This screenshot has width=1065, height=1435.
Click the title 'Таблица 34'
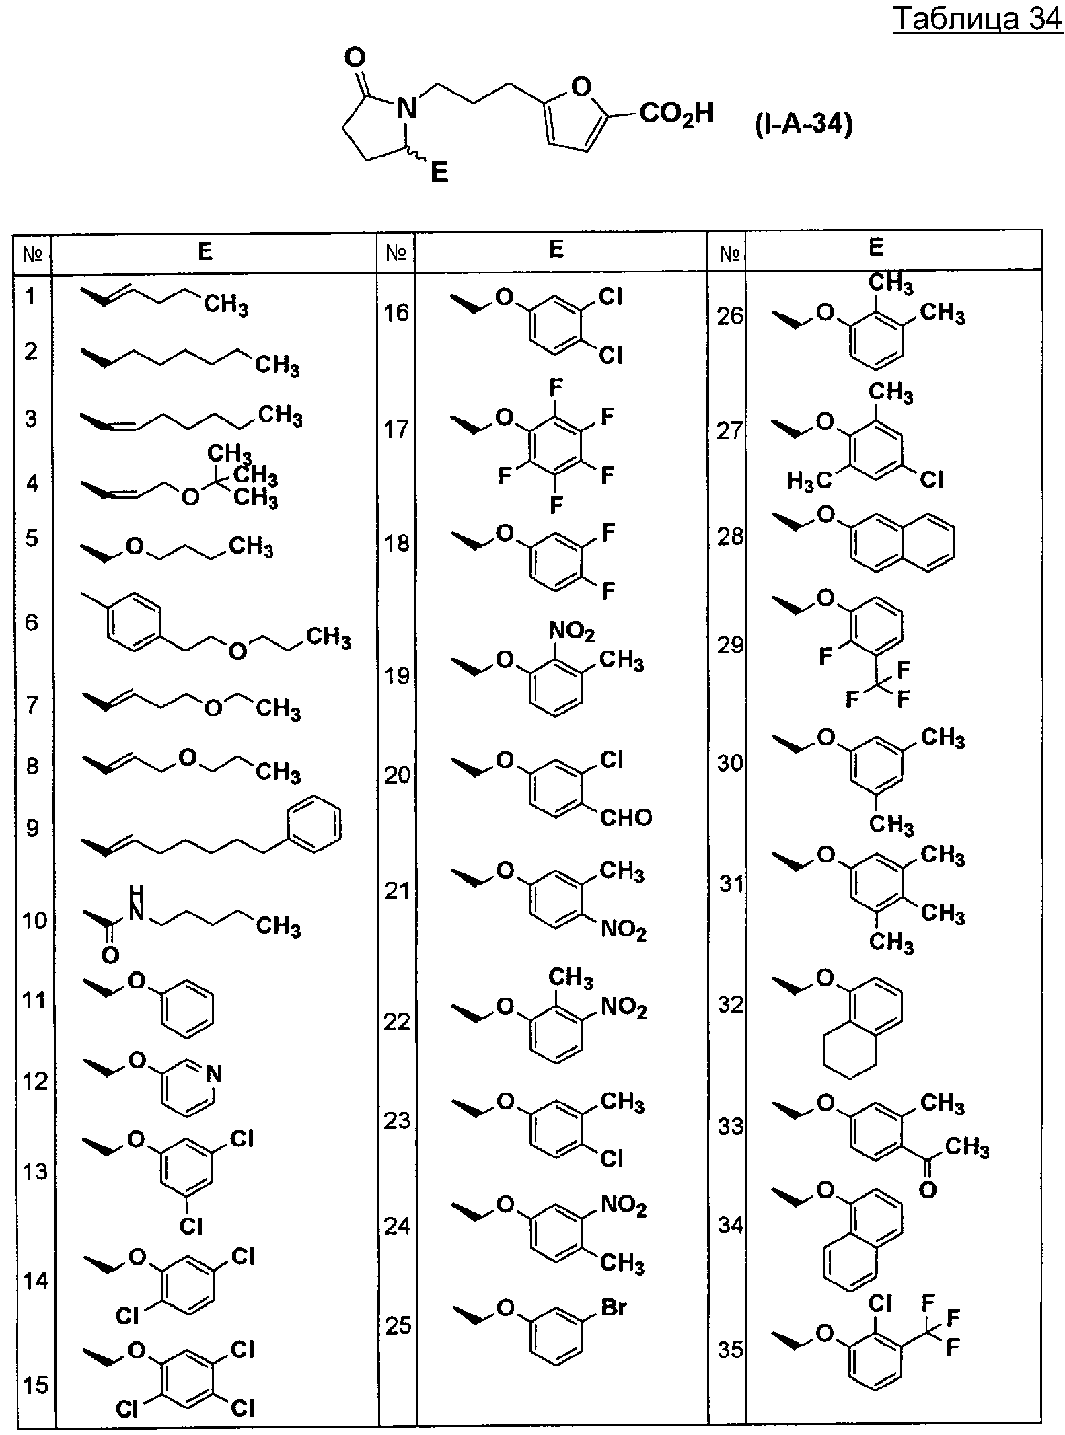point(978,20)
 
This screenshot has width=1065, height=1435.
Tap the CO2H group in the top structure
point(676,114)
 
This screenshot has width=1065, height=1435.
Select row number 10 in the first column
point(34,920)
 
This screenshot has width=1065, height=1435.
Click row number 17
point(397,429)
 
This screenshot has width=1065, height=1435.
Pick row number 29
point(730,645)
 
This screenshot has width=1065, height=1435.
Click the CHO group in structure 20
point(626,817)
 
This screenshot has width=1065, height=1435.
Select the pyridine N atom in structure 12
point(213,1074)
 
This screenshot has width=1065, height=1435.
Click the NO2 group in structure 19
point(572,632)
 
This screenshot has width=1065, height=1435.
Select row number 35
point(730,1350)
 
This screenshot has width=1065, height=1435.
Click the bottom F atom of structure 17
point(556,505)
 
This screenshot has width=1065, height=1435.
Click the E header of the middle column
point(556,249)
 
